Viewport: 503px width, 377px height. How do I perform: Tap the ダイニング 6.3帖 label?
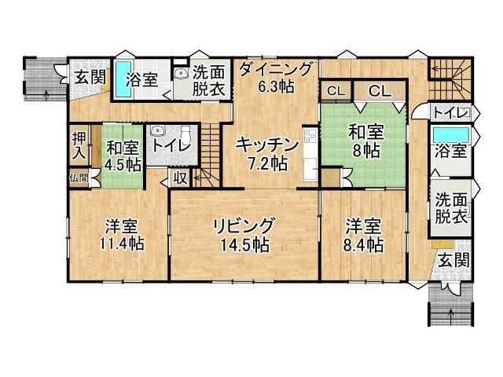[x=276, y=76]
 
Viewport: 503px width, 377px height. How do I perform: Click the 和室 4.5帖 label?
[x=122, y=156]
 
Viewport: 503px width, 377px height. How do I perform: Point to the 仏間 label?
[x=78, y=178]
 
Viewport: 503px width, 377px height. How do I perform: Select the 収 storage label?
[x=180, y=178]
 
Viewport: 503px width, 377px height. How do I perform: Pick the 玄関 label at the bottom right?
[x=451, y=259]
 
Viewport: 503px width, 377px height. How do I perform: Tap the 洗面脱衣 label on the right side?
[x=450, y=207]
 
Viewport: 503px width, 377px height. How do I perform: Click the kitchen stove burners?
[x=308, y=144]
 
